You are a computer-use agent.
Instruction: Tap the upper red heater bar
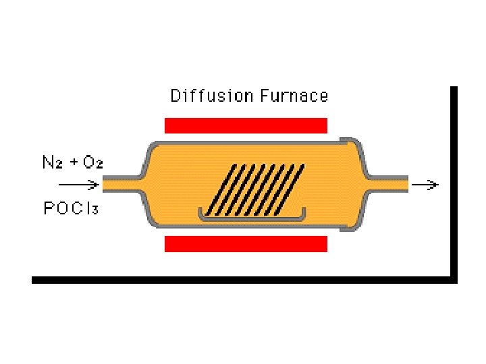click(246, 125)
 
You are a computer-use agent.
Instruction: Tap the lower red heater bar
click(246, 243)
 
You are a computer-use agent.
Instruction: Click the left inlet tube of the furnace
click(122, 183)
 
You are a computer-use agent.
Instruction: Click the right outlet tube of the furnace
click(388, 183)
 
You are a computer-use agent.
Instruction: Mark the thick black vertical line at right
click(454, 182)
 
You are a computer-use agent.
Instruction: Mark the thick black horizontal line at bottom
click(243, 279)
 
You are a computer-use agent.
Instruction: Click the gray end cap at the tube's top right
click(351, 142)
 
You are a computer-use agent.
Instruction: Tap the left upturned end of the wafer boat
click(200, 214)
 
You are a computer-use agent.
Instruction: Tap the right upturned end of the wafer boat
click(303, 213)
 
